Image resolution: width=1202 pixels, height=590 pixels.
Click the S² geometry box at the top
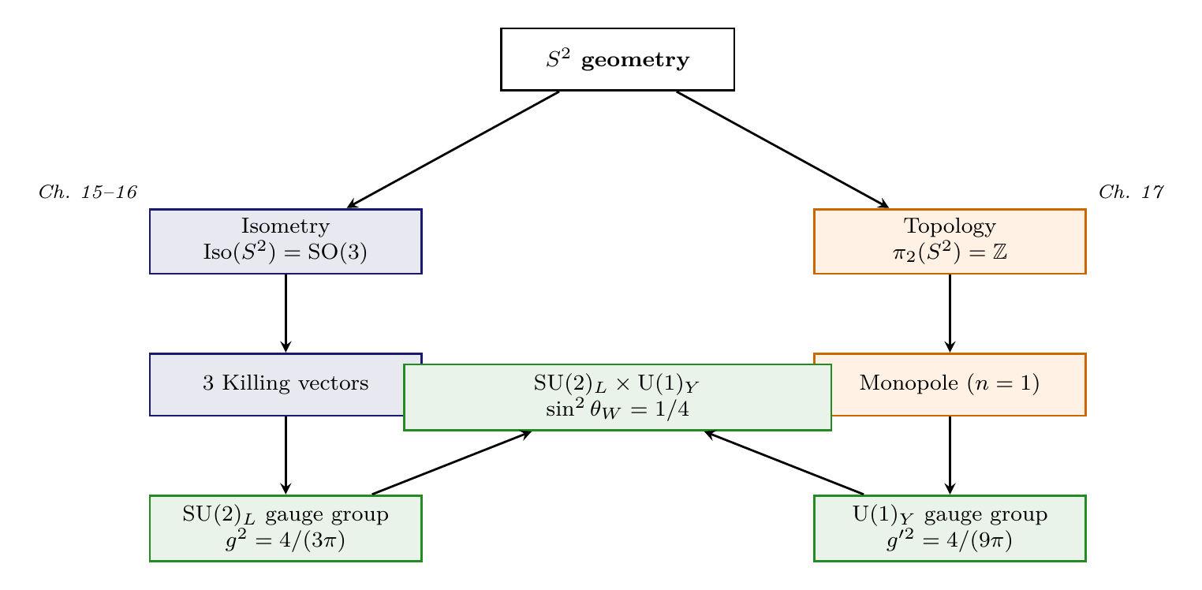point(618,59)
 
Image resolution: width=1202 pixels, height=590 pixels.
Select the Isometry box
point(286,241)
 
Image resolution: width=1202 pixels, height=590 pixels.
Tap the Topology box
point(950,241)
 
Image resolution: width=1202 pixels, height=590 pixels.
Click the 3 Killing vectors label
point(286,384)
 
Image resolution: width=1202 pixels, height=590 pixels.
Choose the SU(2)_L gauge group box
point(286,528)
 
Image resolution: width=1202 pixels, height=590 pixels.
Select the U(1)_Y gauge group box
point(950,528)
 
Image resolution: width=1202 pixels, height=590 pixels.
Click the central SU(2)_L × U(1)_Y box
point(618,397)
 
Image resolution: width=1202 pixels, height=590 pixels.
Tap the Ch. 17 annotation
point(1131,192)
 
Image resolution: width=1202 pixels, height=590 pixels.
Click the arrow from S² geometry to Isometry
point(454,150)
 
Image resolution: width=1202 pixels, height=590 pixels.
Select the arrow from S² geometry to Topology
point(782,150)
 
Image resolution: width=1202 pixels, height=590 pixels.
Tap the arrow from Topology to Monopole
point(950,313)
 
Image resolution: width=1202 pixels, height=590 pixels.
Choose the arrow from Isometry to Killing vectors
point(286,313)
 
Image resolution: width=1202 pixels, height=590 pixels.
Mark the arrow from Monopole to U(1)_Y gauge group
point(950,455)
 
